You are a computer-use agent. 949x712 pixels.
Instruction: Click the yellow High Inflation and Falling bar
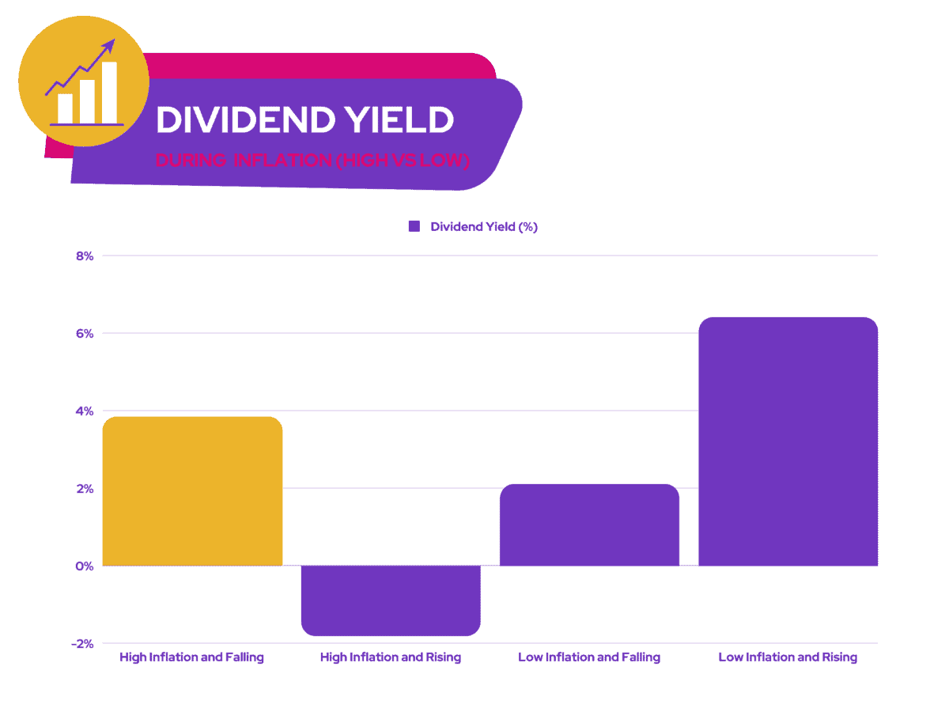[192, 490]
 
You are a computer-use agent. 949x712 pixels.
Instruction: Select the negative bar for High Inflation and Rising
[391, 600]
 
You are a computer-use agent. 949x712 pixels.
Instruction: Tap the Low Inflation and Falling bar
[589, 525]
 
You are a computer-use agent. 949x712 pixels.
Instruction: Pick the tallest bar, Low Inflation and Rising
[788, 441]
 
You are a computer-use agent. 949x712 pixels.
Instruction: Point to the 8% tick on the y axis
[85, 256]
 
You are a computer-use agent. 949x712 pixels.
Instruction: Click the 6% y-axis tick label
[85, 334]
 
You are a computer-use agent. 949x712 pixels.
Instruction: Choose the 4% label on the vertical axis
[85, 411]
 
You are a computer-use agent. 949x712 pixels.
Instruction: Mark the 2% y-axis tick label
[85, 489]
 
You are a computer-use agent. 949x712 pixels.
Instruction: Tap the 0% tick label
[85, 566]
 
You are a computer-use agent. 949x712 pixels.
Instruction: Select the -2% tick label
[82, 644]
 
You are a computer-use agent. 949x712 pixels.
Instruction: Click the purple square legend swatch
[414, 226]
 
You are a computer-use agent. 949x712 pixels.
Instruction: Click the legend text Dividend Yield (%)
[484, 226]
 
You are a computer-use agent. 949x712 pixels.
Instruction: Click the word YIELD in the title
[399, 120]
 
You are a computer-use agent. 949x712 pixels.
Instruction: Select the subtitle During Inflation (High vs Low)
[312, 161]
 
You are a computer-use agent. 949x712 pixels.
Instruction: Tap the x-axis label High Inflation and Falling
[192, 657]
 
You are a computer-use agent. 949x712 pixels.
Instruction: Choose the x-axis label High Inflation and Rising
[391, 657]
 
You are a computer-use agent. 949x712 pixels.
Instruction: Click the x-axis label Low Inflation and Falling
[589, 657]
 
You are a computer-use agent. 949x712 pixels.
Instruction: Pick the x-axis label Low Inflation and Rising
[788, 657]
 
